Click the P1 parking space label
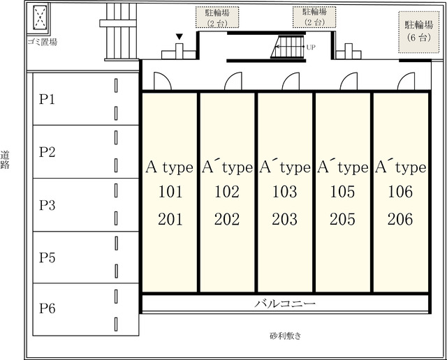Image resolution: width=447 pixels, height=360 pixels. (x=47, y=99)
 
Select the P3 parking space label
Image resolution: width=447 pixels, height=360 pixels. (x=47, y=205)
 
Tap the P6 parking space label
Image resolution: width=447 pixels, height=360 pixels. (x=47, y=308)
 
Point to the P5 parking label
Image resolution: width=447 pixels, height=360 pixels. (x=47, y=257)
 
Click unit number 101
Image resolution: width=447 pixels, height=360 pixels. (x=170, y=191)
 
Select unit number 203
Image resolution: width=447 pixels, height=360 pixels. (x=284, y=219)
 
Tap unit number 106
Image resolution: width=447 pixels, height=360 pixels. (x=400, y=191)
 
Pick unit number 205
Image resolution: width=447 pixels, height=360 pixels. (x=342, y=219)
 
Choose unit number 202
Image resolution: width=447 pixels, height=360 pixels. (x=227, y=219)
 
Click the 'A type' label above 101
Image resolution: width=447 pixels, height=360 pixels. (x=169, y=167)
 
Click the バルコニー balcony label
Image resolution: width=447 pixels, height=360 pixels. (x=285, y=303)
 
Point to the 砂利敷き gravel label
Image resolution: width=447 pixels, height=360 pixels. (x=286, y=336)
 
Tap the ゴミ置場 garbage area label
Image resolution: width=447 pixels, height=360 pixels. (x=43, y=42)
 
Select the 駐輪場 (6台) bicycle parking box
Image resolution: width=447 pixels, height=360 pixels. (x=419, y=32)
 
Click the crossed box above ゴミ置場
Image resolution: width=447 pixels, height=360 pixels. (x=40, y=17)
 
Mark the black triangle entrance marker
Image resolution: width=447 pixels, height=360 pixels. (x=179, y=37)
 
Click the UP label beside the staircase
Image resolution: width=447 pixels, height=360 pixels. (x=311, y=47)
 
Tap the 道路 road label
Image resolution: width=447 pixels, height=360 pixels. (x=5, y=160)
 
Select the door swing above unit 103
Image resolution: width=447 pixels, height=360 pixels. (x=291, y=81)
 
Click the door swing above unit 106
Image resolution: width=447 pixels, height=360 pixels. (x=406, y=81)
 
